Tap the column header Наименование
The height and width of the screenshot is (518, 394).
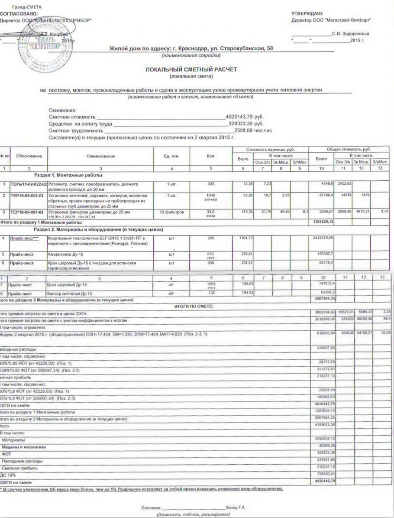[101, 156]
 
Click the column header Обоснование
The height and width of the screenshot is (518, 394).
[29, 156]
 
